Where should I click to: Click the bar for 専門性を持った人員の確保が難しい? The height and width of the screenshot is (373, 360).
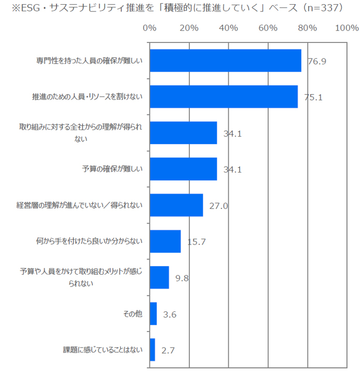[x=225, y=61]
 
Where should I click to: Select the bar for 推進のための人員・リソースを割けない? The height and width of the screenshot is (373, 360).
[x=224, y=96]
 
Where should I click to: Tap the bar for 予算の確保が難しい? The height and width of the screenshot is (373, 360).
[x=183, y=169]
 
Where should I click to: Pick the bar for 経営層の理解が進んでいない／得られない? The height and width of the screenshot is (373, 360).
[x=176, y=206]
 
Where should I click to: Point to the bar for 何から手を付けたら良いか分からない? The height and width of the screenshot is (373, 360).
[x=165, y=241]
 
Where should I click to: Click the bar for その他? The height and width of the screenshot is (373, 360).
[x=153, y=314]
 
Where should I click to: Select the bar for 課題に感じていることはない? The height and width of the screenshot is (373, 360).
[x=152, y=350]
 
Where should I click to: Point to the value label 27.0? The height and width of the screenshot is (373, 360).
[x=218, y=206]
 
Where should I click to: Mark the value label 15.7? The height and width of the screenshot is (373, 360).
[x=196, y=242]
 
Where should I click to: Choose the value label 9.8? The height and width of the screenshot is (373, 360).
[x=182, y=278]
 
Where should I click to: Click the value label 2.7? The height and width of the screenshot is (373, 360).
[x=168, y=351]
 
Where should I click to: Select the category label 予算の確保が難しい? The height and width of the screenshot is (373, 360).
[x=112, y=169]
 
